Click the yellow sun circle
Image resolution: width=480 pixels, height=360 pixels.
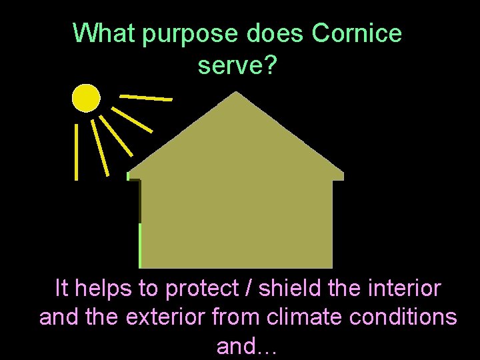[86, 98]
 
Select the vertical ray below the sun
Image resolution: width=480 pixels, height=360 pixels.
[76, 151]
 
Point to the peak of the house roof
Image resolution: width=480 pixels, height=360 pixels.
[236, 93]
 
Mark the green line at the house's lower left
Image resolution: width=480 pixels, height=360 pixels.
[139, 245]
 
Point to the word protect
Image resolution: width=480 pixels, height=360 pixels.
[202, 289]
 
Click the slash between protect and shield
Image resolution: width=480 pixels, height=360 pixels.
[250, 289]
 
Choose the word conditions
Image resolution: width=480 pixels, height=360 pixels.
[402, 317]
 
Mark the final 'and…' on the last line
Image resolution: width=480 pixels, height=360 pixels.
[247, 345]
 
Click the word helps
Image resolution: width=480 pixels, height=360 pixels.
[104, 289]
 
